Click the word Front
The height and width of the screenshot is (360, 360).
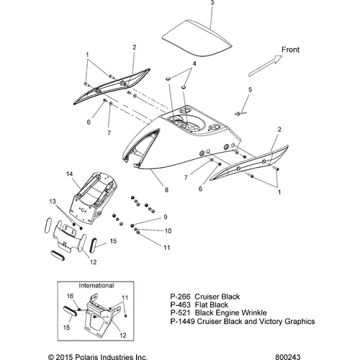pos(290,50)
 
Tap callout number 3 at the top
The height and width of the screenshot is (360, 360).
pos(212,3)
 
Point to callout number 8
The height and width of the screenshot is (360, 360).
pos(166,190)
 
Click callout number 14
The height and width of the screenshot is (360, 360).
pos(70,174)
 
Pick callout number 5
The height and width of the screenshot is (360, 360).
pos(250,90)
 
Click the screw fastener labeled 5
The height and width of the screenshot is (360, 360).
pos(240,113)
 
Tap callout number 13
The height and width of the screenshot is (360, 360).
pos(53,202)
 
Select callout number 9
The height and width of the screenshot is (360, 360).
pos(166,217)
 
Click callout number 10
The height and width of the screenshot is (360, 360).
pos(168,231)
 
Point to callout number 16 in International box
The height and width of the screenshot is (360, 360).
pos(70,296)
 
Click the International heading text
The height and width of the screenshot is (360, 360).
pos(96,286)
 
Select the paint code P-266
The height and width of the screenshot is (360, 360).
pos(180,297)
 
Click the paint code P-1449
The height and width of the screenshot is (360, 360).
pos(182,321)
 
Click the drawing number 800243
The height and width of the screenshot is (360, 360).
pos(287,357)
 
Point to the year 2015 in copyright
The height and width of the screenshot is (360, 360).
pos(63,357)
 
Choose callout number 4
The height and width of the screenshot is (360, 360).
pos(194,63)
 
